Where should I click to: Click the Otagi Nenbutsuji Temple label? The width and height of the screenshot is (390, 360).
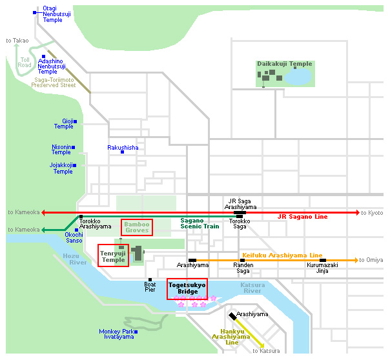52,14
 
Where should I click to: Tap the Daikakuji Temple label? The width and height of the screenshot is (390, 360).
284,64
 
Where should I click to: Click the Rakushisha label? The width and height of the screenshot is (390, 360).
123,148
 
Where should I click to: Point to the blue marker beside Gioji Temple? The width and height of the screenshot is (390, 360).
76,121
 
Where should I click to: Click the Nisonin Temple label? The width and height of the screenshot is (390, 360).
61,150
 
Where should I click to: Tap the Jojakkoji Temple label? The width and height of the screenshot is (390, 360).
63,168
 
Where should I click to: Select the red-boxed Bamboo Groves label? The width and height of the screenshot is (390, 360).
137,227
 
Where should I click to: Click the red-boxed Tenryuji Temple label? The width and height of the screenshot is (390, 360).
113,255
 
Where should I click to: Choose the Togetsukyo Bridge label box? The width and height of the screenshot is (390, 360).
187,288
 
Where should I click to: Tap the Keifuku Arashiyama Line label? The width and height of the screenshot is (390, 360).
282,255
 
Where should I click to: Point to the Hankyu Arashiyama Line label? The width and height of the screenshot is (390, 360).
231,336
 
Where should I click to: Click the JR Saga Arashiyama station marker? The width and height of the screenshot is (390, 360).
240,212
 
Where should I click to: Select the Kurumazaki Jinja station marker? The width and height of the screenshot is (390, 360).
322,260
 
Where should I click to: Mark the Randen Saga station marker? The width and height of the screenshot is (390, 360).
242,260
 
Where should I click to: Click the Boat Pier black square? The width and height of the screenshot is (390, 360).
150,279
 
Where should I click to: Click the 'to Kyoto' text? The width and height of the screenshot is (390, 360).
372,213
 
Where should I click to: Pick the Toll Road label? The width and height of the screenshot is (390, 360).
25,63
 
